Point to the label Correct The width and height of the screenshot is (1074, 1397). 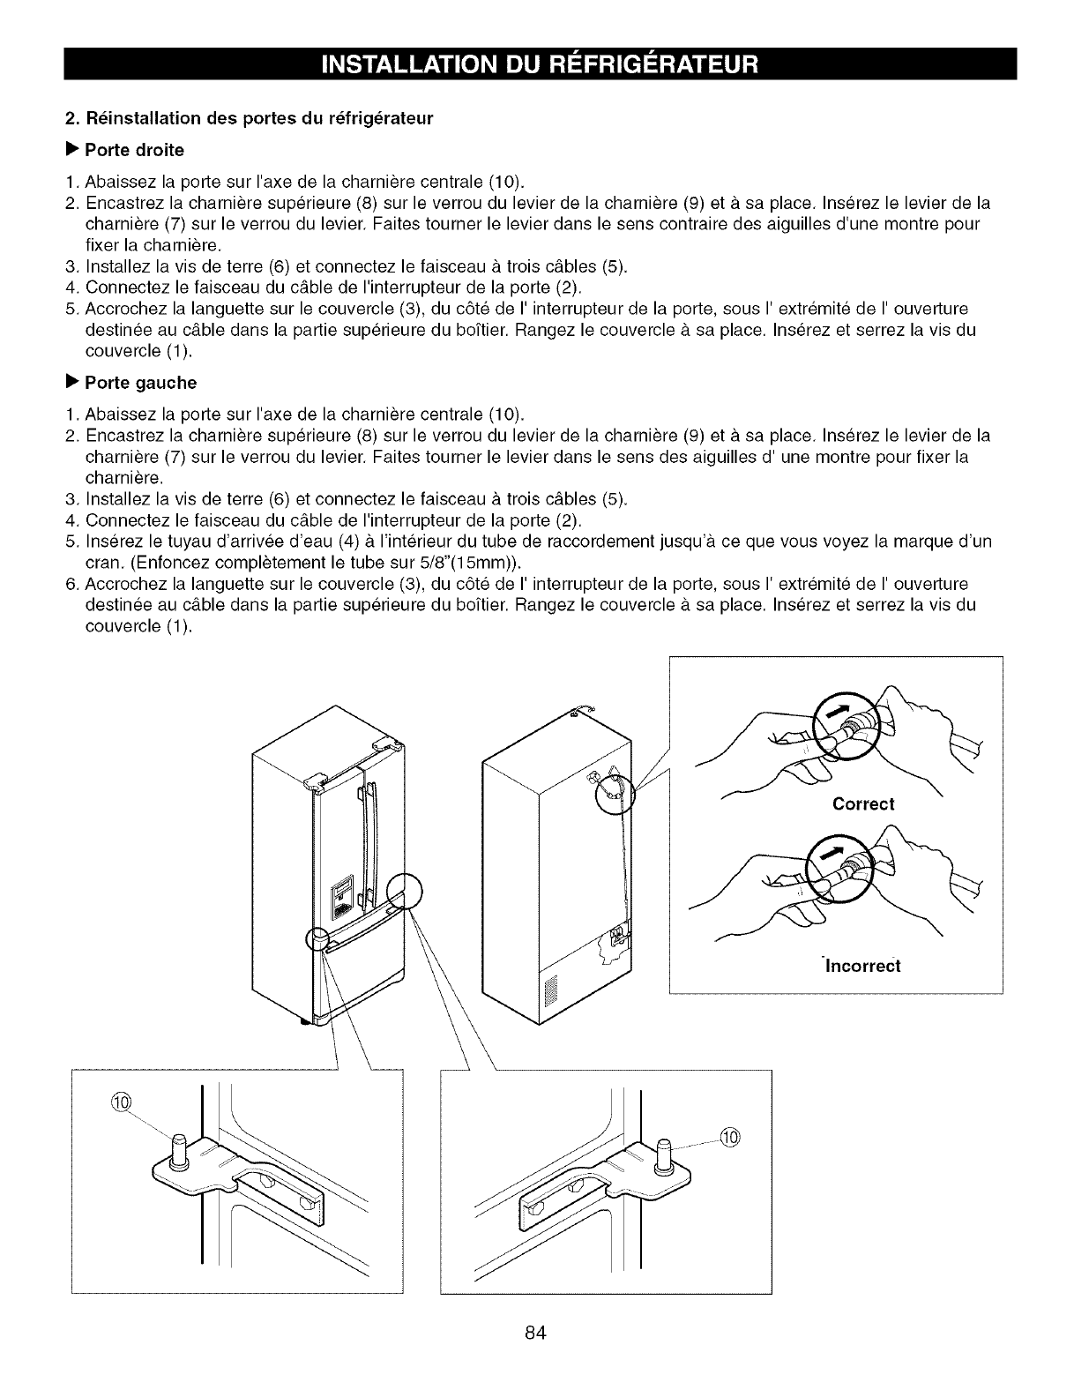(863, 804)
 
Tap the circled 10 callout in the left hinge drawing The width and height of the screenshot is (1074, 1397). (122, 1103)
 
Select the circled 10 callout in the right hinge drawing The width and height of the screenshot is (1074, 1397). (732, 1136)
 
